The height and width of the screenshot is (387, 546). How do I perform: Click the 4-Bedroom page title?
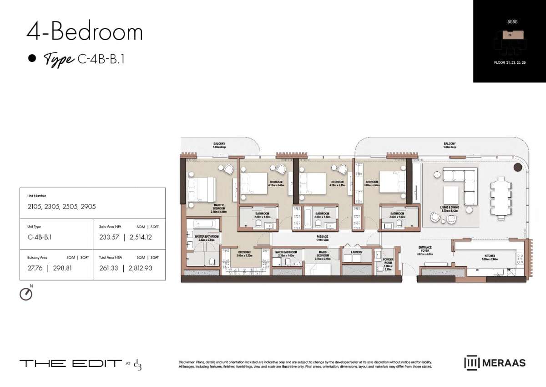pos(85,32)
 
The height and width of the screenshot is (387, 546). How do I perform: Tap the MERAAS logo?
pos(495,362)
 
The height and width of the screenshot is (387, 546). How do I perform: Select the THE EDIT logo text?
pos(71,363)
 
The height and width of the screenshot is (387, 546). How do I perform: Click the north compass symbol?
pos(26,294)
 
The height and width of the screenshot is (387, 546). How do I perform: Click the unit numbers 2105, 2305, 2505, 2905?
pos(62,206)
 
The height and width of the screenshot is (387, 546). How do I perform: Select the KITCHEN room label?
pos(490,256)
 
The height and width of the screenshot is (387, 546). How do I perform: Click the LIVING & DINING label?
pos(450,208)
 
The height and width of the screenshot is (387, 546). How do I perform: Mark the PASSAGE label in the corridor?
pos(323,237)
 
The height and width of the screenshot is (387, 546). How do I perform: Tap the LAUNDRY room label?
pos(356,252)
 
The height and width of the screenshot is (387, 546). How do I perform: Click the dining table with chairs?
pos(500,199)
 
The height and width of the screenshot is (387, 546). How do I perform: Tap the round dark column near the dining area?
pos(518,168)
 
